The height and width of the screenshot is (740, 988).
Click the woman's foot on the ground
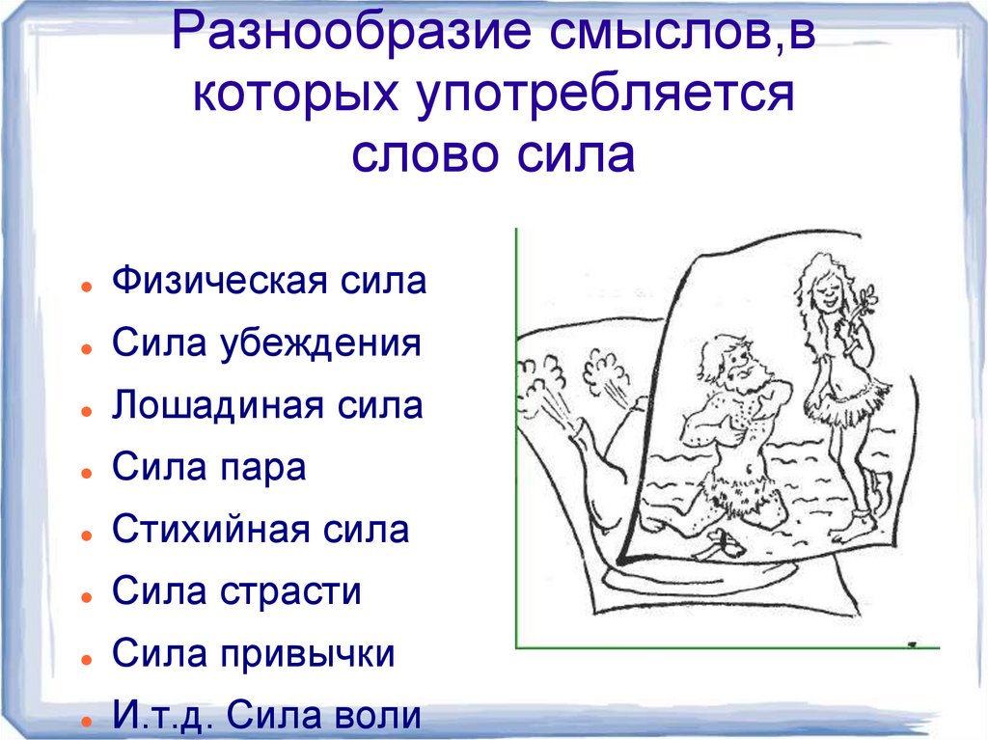pos(858,526)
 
